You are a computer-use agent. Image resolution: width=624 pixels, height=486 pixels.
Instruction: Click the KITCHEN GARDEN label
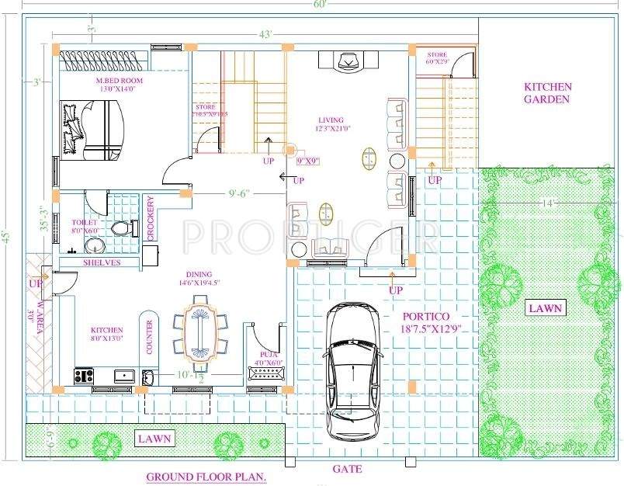pyautogui.click(x=547, y=92)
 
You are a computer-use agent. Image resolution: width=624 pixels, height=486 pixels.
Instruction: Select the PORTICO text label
pyautogui.click(x=426, y=318)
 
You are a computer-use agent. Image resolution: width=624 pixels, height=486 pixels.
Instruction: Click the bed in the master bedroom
pyautogui.click(x=92, y=129)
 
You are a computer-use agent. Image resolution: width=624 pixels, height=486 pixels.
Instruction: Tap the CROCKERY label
pyautogui.click(x=150, y=217)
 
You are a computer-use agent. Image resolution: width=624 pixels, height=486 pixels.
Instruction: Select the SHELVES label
pyautogui.click(x=101, y=263)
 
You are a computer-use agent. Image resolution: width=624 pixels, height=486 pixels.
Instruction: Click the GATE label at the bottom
pyautogui.click(x=347, y=469)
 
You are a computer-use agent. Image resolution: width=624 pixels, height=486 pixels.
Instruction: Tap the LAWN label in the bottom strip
pyautogui.click(x=154, y=439)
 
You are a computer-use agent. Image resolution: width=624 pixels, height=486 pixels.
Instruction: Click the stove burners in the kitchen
pyautogui.click(x=83, y=376)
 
